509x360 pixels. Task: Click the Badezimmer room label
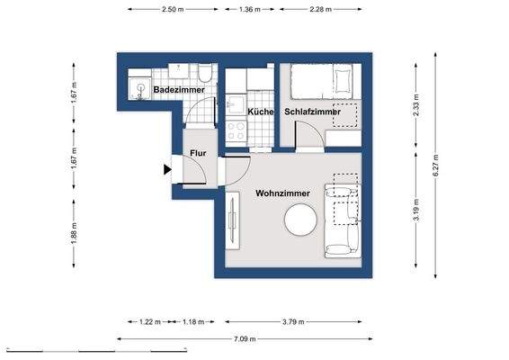178,91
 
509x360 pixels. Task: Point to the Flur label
198,152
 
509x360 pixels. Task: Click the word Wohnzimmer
283,193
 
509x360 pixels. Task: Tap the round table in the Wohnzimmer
299,220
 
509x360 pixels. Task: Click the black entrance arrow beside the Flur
168,168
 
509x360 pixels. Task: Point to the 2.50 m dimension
174,9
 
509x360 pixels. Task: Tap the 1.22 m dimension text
149,321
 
